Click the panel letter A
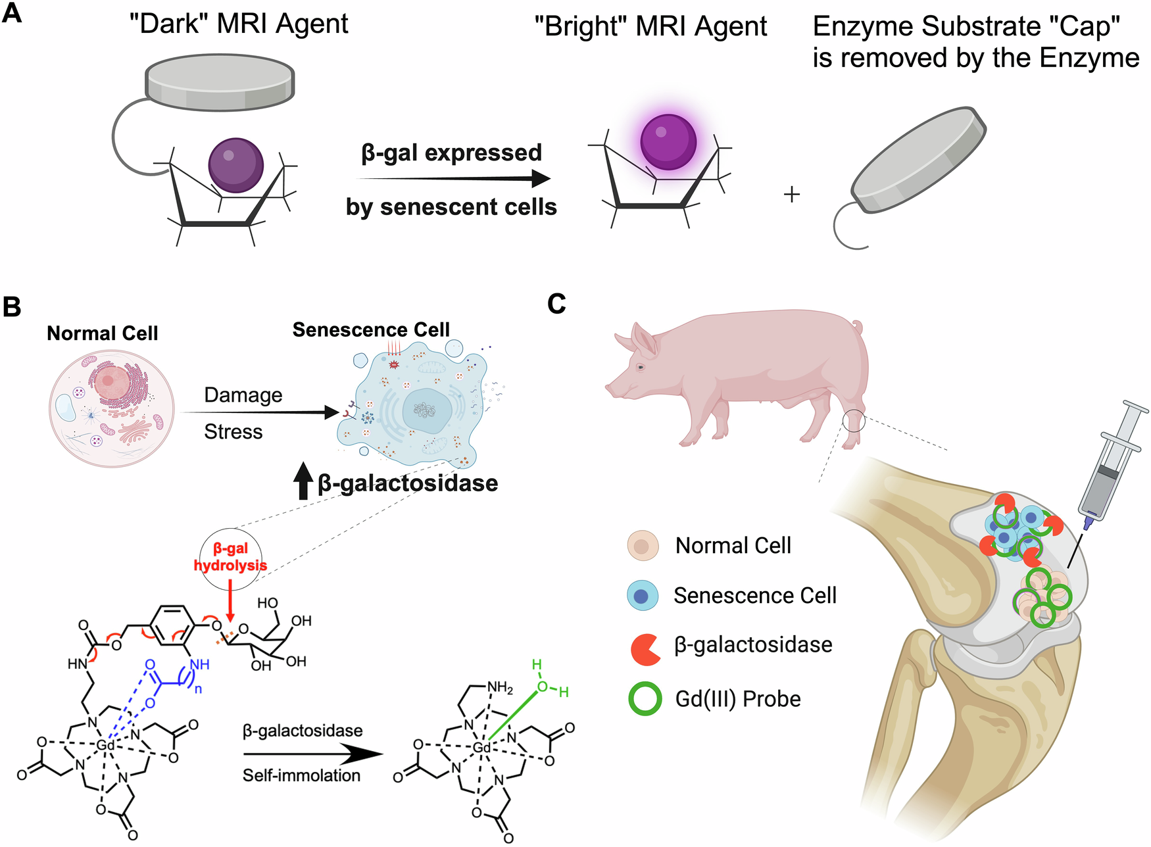12,13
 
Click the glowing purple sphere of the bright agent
668,142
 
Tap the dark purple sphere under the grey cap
235,165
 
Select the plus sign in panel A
792,194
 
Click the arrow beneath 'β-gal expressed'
454,178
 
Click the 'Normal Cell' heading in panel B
103,333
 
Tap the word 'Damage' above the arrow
243,395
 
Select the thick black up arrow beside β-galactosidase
303,480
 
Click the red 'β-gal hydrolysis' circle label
230,558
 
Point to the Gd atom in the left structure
105,744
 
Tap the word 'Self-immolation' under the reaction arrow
301,775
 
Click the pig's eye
639,366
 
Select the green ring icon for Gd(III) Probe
645,699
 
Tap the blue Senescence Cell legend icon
643,596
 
